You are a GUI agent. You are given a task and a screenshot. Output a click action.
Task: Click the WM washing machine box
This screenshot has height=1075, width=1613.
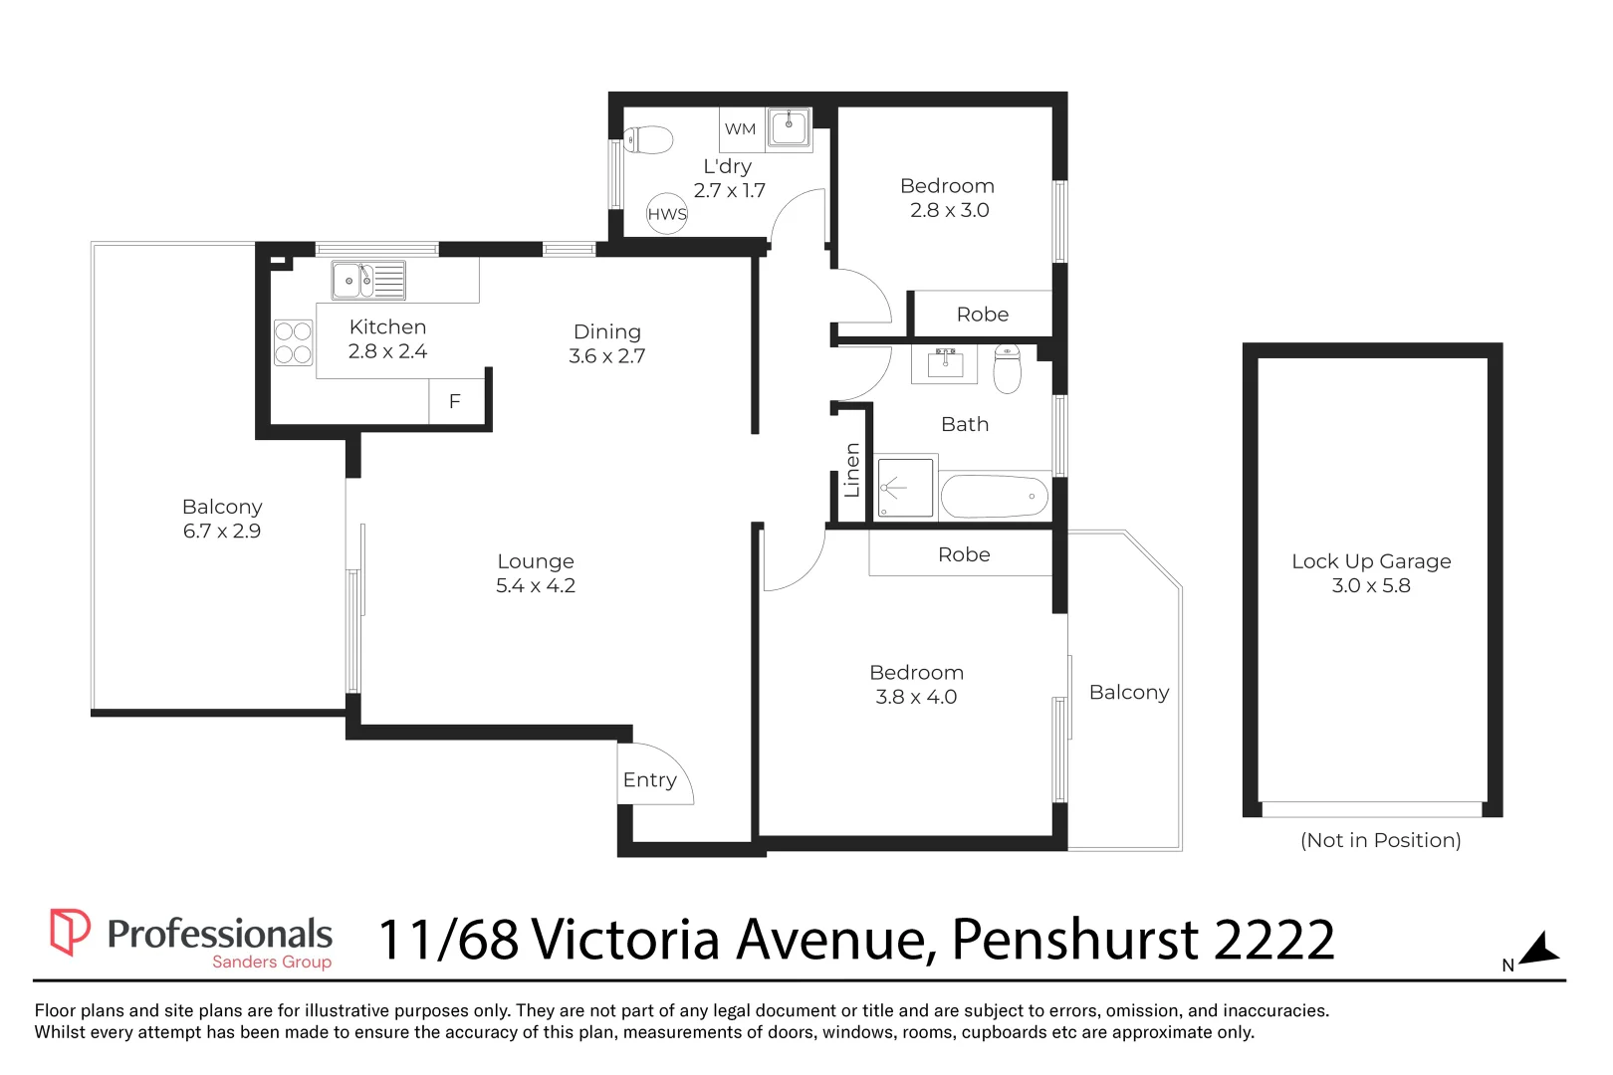tap(741, 129)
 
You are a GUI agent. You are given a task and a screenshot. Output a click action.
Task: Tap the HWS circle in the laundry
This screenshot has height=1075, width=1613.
tap(667, 213)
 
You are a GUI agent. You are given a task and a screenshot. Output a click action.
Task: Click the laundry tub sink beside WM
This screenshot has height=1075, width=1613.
tap(789, 128)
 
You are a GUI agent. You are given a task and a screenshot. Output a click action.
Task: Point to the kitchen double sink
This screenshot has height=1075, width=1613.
tap(367, 280)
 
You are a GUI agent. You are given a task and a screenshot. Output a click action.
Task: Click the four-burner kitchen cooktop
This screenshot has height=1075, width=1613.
tap(293, 342)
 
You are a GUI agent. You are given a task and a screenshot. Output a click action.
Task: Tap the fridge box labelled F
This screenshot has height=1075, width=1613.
tap(455, 402)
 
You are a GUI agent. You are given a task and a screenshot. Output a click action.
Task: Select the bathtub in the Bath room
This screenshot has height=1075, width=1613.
tap(994, 496)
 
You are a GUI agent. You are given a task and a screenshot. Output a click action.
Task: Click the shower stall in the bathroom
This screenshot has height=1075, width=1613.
tap(905, 488)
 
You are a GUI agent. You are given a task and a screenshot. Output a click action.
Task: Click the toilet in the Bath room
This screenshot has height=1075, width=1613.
tap(1008, 368)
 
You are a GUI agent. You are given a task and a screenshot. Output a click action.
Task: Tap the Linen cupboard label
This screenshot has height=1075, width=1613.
tap(852, 470)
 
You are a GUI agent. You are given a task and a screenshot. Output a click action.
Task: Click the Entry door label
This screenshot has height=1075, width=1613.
tap(649, 780)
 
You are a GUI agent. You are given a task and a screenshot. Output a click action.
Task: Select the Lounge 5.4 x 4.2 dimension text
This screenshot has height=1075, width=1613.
tap(536, 586)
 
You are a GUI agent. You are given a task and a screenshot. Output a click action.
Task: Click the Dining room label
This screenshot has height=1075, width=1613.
tap(607, 332)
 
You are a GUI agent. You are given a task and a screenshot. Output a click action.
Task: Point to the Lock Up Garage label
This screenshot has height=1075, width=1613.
tap(1371, 561)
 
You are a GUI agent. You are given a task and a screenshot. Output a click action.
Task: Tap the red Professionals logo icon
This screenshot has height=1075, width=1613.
tap(70, 932)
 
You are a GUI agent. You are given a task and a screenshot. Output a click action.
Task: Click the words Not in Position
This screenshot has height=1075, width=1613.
tap(1380, 840)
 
